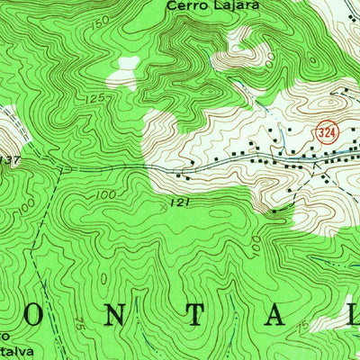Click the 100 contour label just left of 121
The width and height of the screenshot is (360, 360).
(105, 194)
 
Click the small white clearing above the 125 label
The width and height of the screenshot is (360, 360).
(123, 74)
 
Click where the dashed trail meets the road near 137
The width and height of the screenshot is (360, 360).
(60, 166)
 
